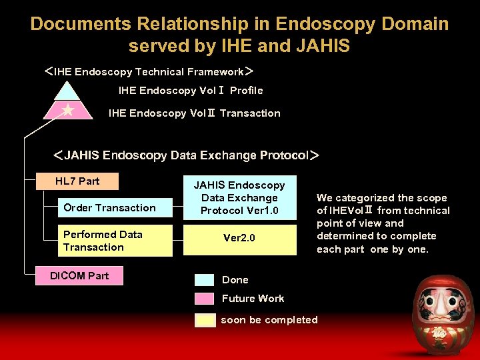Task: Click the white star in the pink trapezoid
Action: [x=67, y=110]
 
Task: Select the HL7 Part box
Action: [x=77, y=181]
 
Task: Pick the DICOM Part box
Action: [x=79, y=275]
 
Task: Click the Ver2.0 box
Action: [x=239, y=239]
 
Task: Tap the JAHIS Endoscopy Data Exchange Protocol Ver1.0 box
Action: [x=239, y=198]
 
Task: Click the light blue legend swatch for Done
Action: [x=205, y=280]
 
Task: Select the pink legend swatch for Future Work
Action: [x=205, y=299]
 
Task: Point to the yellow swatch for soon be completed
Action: [x=205, y=320]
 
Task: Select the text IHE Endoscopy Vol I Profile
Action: [x=191, y=91]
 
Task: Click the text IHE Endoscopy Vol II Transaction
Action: [x=194, y=113]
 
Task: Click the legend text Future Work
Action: [x=253, y=299]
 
